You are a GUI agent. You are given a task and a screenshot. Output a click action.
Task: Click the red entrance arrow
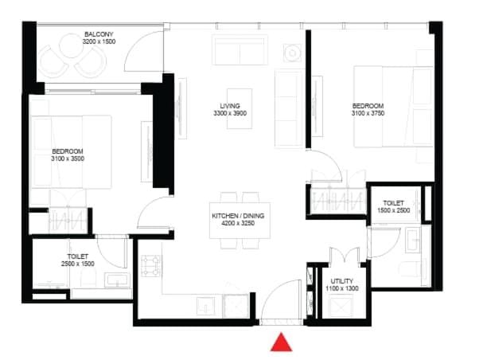pos(281,342)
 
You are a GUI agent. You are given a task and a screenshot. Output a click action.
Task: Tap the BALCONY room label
pos(99,34)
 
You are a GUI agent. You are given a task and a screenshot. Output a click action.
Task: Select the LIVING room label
pos(230,106)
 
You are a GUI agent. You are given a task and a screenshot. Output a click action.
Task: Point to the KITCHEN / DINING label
pos(238,216)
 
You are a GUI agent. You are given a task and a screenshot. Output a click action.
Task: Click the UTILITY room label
pos(342,281)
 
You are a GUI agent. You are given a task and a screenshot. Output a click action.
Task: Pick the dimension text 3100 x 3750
pos(368,113)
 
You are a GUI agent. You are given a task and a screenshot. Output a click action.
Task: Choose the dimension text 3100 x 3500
pos(68,158)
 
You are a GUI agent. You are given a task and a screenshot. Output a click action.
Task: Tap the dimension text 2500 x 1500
pos(78,264)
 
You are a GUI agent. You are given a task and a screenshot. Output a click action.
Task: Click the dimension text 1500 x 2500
pos(394,210)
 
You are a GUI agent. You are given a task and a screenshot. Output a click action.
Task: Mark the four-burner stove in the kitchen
pos(151,266)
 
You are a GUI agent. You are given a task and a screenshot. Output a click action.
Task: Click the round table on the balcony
pos(71,45)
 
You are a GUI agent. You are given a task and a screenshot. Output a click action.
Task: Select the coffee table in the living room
pos(240,108)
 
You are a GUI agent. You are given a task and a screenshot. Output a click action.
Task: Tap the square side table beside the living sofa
pos(293,53)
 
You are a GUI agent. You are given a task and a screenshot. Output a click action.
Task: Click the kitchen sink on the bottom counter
pos(206,306)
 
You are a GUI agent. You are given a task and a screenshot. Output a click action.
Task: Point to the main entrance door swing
pos(281,301)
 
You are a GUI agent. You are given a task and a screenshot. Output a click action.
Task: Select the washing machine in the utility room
pos(341,306)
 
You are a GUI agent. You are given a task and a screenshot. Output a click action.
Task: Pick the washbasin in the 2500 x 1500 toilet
pos(117,280)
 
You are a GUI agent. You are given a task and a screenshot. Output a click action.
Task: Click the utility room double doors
pos(345,255)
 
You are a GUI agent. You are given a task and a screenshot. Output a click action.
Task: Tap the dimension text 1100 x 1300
pos(342,288)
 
